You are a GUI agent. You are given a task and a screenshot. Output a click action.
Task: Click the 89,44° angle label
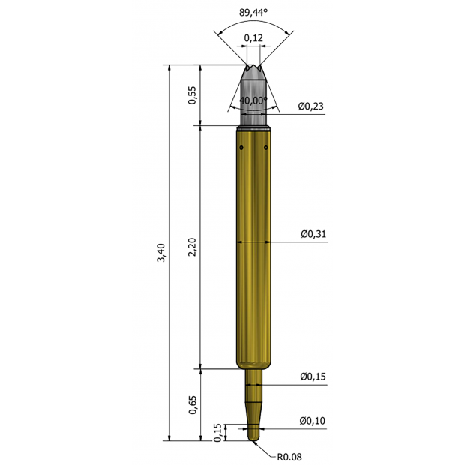[253, 13]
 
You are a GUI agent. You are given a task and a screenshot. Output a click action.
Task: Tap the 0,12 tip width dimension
[253, 38]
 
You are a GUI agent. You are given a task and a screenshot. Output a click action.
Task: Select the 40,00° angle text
[253, 100]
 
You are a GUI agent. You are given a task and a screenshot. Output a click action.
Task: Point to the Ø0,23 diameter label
[311, 106]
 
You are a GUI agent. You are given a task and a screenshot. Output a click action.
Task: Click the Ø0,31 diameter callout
[313, 234]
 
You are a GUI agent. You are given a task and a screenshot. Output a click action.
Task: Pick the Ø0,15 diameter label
[313, 376]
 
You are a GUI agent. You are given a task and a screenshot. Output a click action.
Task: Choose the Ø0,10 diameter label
[312, 421]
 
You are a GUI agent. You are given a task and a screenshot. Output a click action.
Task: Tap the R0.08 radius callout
[289, 457]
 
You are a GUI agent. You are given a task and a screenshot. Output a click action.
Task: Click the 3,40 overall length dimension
[161, 252]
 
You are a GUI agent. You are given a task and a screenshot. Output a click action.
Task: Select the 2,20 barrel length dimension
[193, 247]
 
